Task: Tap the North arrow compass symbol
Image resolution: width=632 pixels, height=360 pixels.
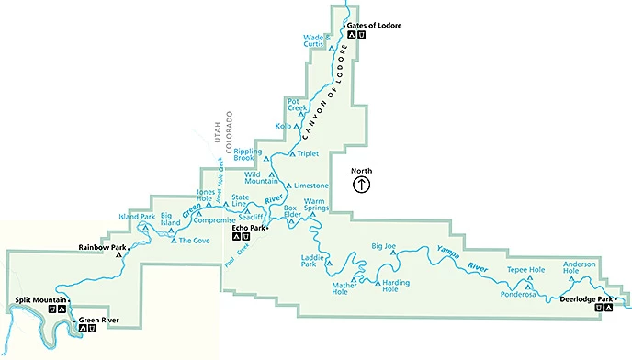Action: (362, 184)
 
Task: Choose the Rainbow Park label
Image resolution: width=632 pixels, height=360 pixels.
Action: (101, 247)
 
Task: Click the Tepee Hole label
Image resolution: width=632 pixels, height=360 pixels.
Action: (525, 270)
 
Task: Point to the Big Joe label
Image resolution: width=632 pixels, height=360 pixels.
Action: (383, 246)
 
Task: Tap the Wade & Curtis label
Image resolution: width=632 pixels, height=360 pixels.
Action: (314, 41)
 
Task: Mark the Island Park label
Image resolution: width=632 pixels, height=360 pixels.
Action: (135, 217)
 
